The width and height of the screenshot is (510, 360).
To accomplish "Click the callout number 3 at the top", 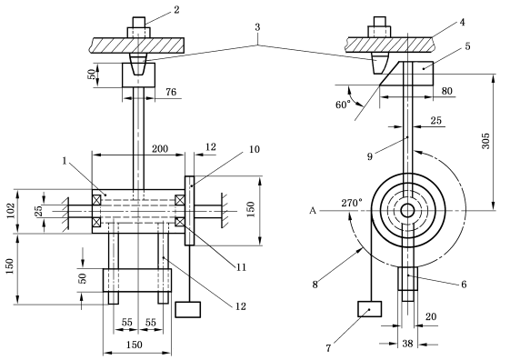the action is (x=257, y=27).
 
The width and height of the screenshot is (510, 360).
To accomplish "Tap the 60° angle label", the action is (x=343, y=105).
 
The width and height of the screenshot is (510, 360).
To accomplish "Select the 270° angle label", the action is (x=352, y=203).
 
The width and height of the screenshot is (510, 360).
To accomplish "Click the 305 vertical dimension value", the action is (x=485, y=141).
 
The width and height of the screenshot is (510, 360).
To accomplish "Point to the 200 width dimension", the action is (x=160, y=149).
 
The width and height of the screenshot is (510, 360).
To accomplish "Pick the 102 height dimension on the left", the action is (x=11, y=210).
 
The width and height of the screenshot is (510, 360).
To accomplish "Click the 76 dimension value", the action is (x=171, y=92).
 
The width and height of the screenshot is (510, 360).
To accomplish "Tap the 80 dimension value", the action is (x=447, y=91).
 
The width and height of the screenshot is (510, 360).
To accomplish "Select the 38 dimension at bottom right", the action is (x=407, y=344).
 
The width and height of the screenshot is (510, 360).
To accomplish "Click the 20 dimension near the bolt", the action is (x=431, y=316).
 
